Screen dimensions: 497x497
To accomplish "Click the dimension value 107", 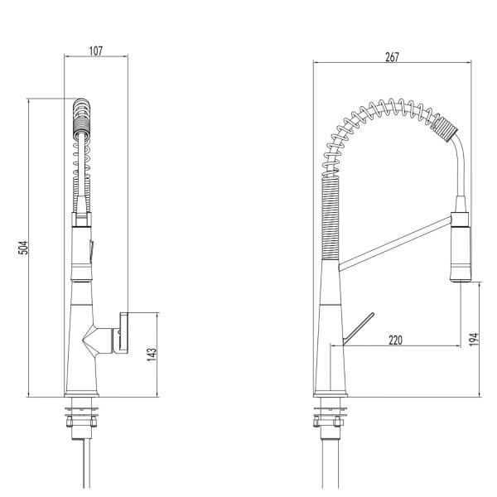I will point(95,51).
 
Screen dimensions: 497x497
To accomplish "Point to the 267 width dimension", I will point(392,57).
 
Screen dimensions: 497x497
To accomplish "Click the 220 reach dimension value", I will point(395,340).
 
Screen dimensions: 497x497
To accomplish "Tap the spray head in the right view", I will point(461,248).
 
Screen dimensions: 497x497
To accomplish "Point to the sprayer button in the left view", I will point(92,247).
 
